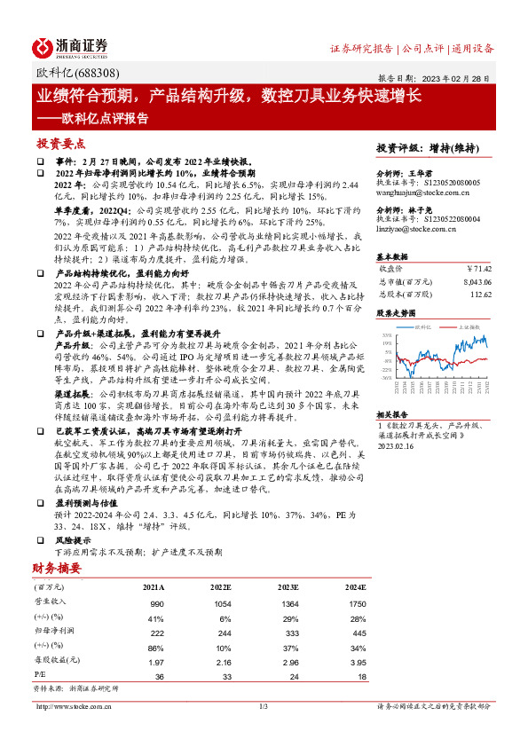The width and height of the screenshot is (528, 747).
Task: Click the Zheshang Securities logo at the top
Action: (70, 47)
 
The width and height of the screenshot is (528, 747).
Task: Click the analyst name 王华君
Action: (433, 174)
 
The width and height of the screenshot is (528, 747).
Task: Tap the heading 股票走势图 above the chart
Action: (397, 313)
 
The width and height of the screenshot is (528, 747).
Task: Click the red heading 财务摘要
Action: (57, 567)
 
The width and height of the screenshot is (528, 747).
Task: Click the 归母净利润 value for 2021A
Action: (154, 632)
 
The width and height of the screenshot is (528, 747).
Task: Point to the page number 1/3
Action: (264, 706)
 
